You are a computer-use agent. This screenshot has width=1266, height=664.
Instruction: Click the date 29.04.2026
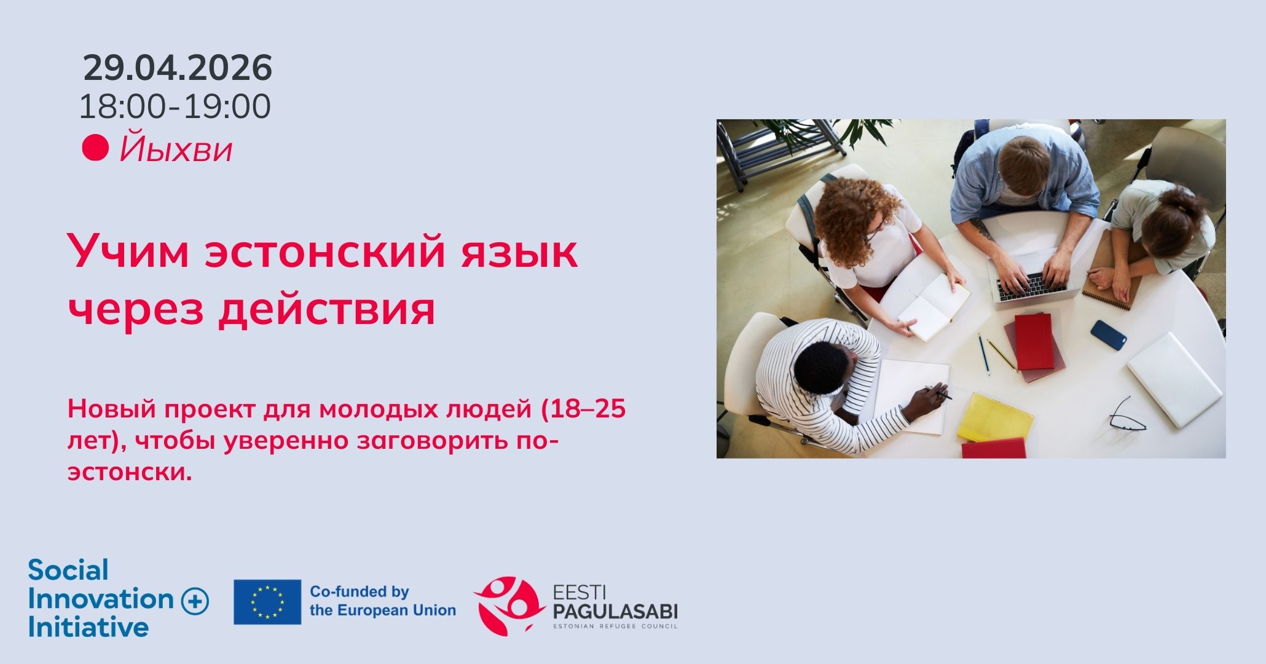[178, 68]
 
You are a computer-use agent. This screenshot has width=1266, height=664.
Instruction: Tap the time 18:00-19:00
[175, 106]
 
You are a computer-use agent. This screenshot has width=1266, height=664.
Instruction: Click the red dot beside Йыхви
[95, 148]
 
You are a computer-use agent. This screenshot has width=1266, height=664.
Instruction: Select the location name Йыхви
[176, 149]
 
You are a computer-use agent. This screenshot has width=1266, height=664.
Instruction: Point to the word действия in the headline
[327, 309]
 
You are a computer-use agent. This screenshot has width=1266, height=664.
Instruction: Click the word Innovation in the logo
[101, 599]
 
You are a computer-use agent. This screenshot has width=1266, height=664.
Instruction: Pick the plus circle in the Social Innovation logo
[195, 601]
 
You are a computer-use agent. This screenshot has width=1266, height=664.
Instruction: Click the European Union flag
[267, 602]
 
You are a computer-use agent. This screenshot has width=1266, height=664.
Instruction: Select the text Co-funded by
[359, 592]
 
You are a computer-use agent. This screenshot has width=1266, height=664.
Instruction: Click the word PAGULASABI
[615, 612]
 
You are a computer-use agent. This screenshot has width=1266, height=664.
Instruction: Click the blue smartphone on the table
[1109, 335]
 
